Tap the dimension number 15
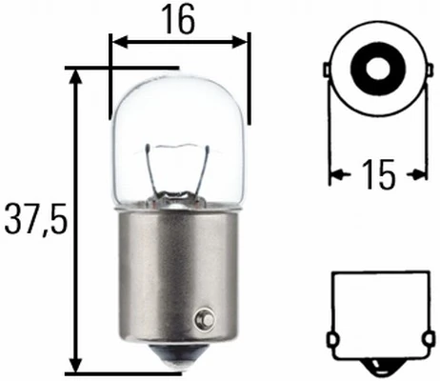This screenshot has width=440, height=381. [378, 175]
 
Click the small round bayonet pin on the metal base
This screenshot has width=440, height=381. [203, 318]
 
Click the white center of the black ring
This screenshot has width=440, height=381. [376, 68]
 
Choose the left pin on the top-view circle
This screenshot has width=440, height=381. [328, 71]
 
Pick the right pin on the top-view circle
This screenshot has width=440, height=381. [425, 71]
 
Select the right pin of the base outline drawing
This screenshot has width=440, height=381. [423, 339]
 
